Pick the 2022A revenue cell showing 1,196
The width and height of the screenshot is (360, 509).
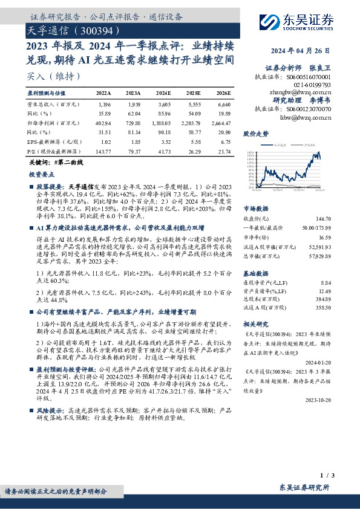pyautogui.click(x=104, y=105)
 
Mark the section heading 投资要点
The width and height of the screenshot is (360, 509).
pyautogui.click(x=42, y=173)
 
